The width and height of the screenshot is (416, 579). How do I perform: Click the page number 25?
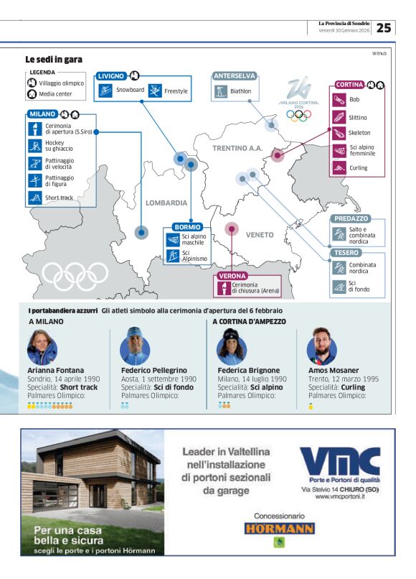[384, 28]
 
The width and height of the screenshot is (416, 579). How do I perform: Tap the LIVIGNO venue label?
[112, 75]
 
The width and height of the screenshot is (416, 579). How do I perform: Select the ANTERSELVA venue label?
[235, 75]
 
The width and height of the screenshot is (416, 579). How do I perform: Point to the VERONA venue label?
[232, 275]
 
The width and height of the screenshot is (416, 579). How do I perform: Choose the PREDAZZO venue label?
[350, 218]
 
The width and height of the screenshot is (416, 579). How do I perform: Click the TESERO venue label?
[346, 253]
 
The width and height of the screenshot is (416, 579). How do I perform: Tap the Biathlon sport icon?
[221, 91]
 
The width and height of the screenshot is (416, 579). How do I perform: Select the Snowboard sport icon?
[105, 91]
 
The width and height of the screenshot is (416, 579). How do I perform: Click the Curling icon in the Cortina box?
[339, 167]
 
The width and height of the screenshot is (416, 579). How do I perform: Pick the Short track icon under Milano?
[34, 198]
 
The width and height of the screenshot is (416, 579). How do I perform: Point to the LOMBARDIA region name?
[166, 203]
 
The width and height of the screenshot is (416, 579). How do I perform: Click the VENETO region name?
[260, 235]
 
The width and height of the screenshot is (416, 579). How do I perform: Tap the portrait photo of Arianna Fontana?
[42, 346]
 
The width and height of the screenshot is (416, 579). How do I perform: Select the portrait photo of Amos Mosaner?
[322, 346]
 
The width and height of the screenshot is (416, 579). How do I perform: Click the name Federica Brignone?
[247, 371]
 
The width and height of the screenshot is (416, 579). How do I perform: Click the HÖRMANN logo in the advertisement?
[279, 529]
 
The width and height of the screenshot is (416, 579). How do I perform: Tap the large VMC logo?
[340, 461]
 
